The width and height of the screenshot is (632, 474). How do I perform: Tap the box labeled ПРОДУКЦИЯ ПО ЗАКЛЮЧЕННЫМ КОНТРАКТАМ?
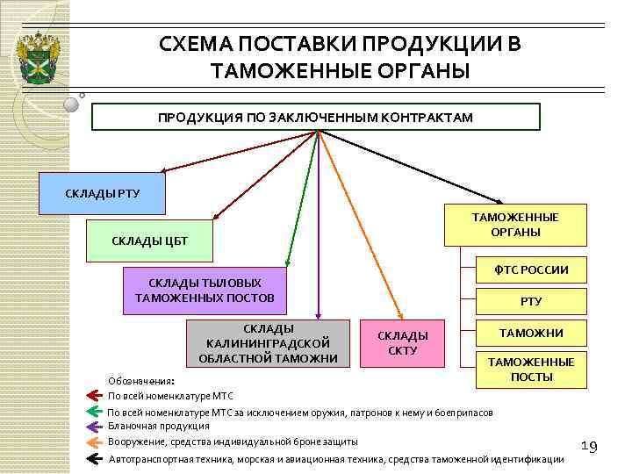[x=315, y=117]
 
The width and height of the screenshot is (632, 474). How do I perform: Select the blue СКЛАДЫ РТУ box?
[x=103, y=193]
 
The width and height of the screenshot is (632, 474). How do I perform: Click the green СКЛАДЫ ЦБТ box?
[x=149, y=241]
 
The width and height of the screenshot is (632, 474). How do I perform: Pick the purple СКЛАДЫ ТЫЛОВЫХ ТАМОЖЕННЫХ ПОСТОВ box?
[x=205, y=290]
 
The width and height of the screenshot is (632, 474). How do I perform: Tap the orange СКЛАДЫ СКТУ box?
[x=403, y=343]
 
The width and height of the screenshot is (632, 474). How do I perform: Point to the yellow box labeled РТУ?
[x=532, y=301]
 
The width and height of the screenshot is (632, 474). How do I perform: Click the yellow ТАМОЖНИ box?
[x=532, y=334]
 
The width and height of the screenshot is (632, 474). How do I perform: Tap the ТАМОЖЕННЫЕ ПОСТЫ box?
[x=531, y=369]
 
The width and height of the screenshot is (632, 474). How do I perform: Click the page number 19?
[x=589, y=448]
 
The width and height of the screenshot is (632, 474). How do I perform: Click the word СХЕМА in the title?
[x=197, y=44]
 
